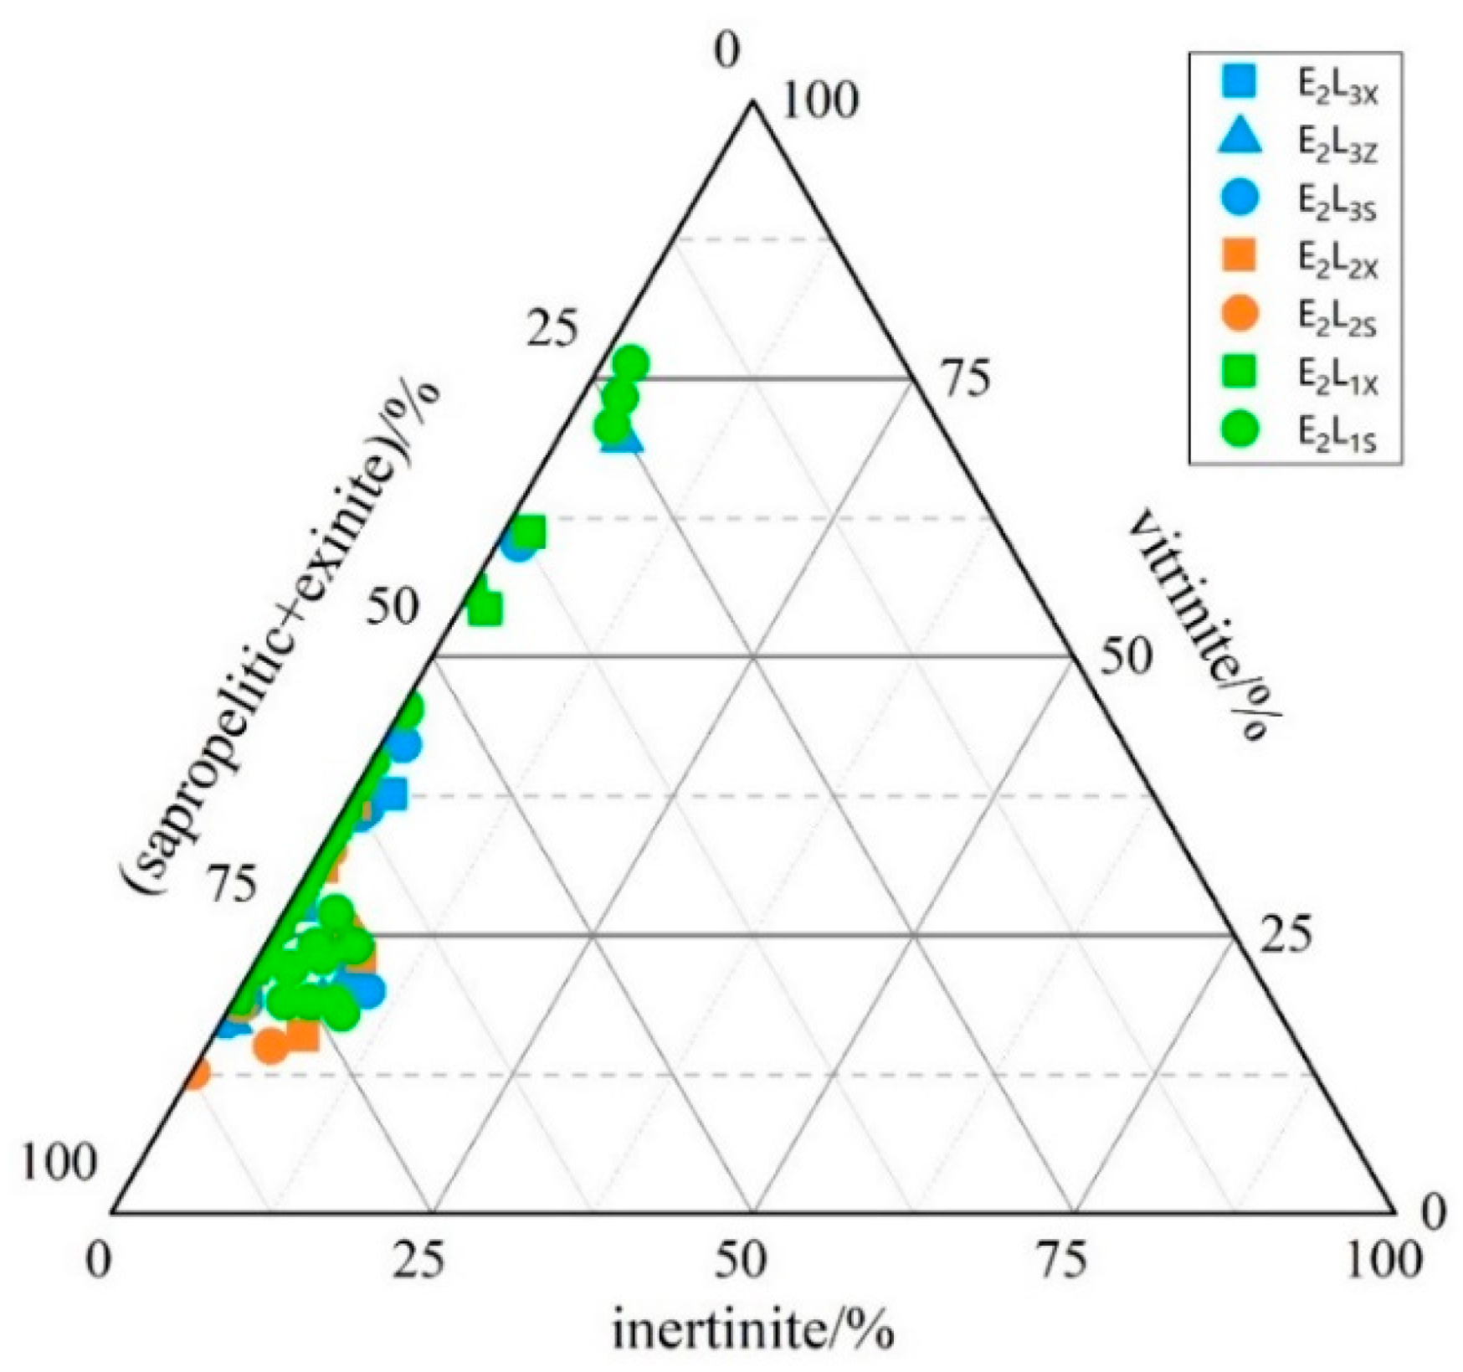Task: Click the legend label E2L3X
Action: pos(1337,90)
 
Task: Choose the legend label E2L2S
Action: pos(1337,316)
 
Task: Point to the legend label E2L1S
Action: pos(1337,430)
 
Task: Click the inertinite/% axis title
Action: pos(753,1331)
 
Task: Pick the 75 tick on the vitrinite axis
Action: pos(963,378)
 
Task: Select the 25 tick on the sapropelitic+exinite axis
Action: pos(552,331)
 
